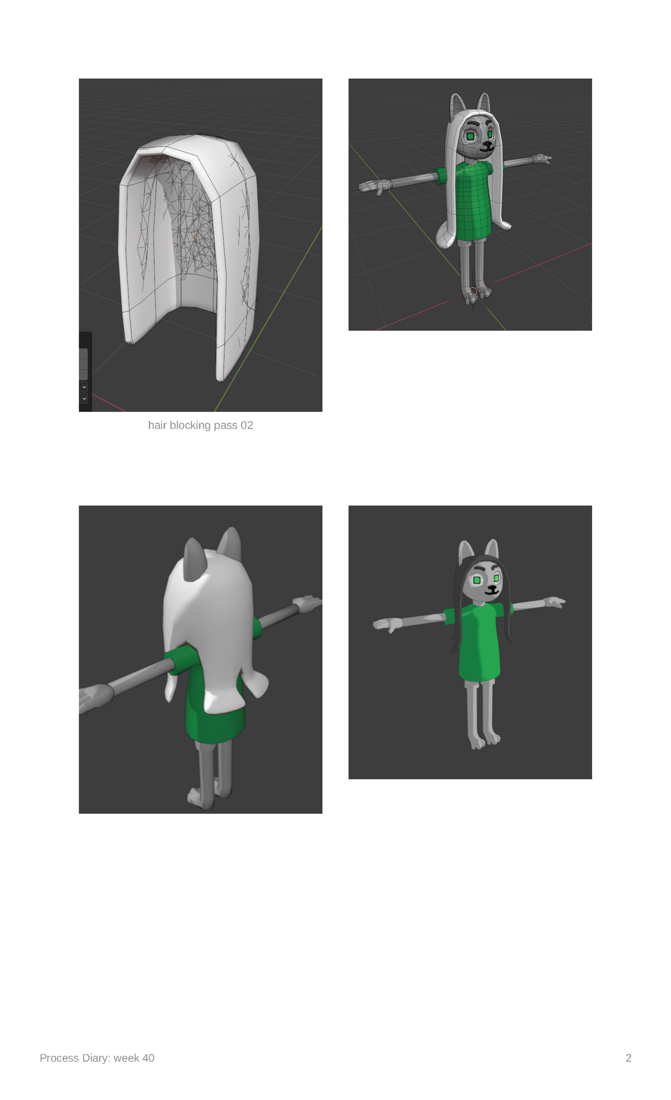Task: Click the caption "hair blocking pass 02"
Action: coord(200,425)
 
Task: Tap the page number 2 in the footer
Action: coord(628,1058)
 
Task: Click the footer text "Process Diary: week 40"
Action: coord(97,1058)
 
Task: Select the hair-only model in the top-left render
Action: coord(189,255)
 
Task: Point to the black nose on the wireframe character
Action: coord(487,145)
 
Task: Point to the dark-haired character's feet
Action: coord(485,740)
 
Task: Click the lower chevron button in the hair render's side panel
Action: coord(84,398)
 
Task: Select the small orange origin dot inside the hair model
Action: coord(195,237)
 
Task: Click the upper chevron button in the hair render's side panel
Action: coord(84,386)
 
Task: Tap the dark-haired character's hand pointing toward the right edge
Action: coord(554,602)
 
